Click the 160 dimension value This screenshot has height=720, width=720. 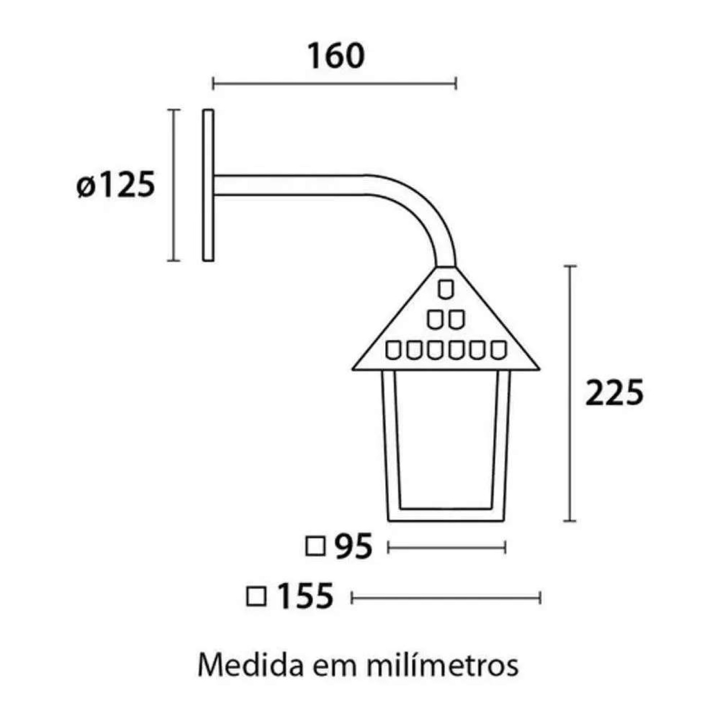click(x=335, y=56)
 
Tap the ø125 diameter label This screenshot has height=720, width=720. click(x=115, y=185)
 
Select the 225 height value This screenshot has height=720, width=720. click(x=615, y=393)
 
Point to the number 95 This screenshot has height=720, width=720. click(x=354, y=546)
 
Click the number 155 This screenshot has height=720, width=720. click(x=305, y=597)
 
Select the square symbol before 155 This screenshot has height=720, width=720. click(x=257, y=597)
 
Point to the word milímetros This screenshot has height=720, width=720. click(x=443, y=665)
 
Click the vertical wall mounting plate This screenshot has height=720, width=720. click(x=208, y=185)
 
